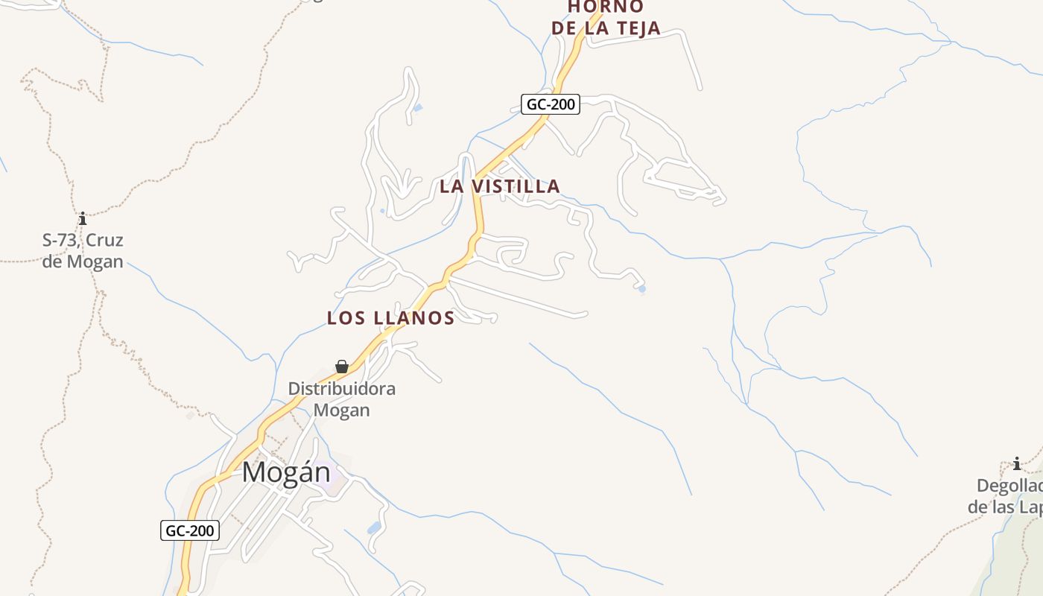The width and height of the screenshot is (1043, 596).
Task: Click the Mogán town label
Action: (286, 472)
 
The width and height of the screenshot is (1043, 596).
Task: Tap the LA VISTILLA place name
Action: (499, 186)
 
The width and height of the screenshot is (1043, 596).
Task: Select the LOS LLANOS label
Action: (390, 318)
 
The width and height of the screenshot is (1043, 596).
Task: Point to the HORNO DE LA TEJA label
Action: (606, 18)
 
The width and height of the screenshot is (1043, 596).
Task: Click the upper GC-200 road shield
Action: (551, 104)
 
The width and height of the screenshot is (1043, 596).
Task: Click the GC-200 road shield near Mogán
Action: (190, 530)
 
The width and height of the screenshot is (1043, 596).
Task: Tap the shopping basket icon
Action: (342, 367)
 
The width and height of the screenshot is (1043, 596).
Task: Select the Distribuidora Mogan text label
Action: (342, 399)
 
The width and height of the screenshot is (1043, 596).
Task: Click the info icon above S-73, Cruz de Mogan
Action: (83, 219)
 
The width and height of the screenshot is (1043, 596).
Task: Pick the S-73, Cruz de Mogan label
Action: (83, 251)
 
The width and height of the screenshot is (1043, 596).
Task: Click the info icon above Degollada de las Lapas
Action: (1017, 464)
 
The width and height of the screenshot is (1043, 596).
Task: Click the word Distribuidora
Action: (342, 389)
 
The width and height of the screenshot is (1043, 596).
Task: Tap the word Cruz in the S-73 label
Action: (105, 241)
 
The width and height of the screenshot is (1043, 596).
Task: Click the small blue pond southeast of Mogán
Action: (374, 528)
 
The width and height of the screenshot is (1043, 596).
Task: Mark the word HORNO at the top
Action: (606, 7)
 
